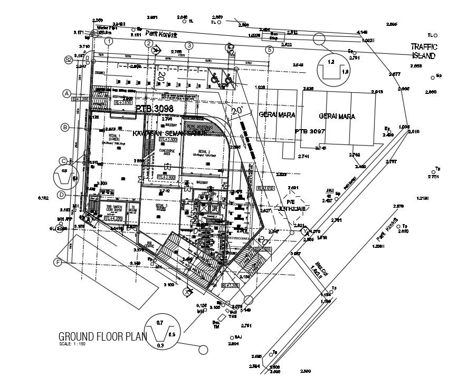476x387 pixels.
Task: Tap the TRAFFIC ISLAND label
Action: click(424, 51)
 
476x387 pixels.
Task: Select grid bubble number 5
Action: click(269, 50)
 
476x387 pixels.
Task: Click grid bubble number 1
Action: click(109, 42)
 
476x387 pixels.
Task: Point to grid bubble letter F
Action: click(58, 262)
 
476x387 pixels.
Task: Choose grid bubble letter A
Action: click(66, 94)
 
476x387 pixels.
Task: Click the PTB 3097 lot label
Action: click(309, 131)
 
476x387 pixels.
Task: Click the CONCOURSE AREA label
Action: click(167, 151)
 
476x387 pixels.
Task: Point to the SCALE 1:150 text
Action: click(72, 345)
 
